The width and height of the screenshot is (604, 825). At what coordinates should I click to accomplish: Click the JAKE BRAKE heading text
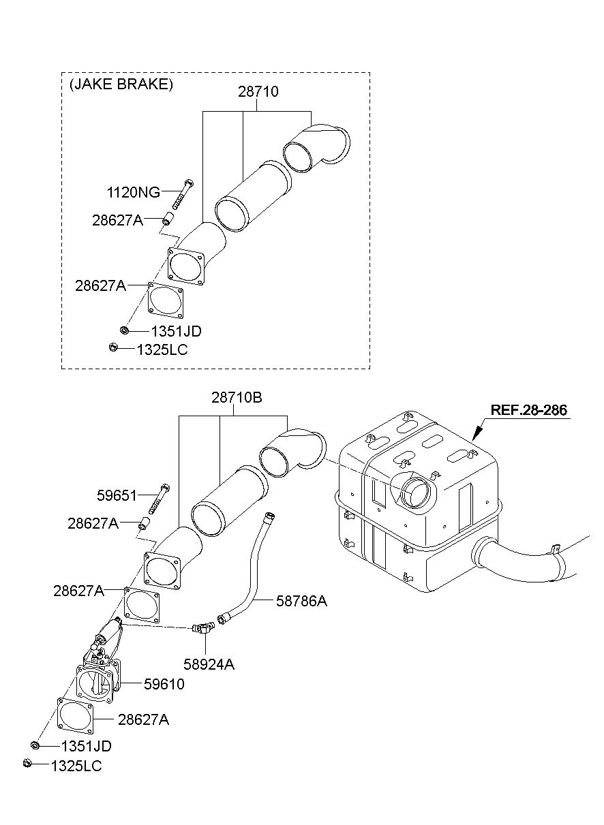(121, 84)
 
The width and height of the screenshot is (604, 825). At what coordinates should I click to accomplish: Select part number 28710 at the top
(258, 92)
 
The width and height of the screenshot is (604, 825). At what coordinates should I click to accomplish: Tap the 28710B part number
(237, 398)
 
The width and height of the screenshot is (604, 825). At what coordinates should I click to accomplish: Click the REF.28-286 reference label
(529, 410)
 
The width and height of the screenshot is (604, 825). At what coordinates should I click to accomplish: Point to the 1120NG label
(134, 193)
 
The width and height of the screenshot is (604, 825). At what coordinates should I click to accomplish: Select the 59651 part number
(117, 496)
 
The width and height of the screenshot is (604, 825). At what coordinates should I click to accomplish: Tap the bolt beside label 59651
(160, 499)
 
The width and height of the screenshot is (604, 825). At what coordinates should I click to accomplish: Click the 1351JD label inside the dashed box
(177, 332)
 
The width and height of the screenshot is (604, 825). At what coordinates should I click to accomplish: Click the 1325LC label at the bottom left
(76, 766)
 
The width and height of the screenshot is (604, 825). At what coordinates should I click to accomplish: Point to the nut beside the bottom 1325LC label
(27, 763)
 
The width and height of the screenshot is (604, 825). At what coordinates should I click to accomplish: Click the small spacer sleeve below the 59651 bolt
(143, 523)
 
